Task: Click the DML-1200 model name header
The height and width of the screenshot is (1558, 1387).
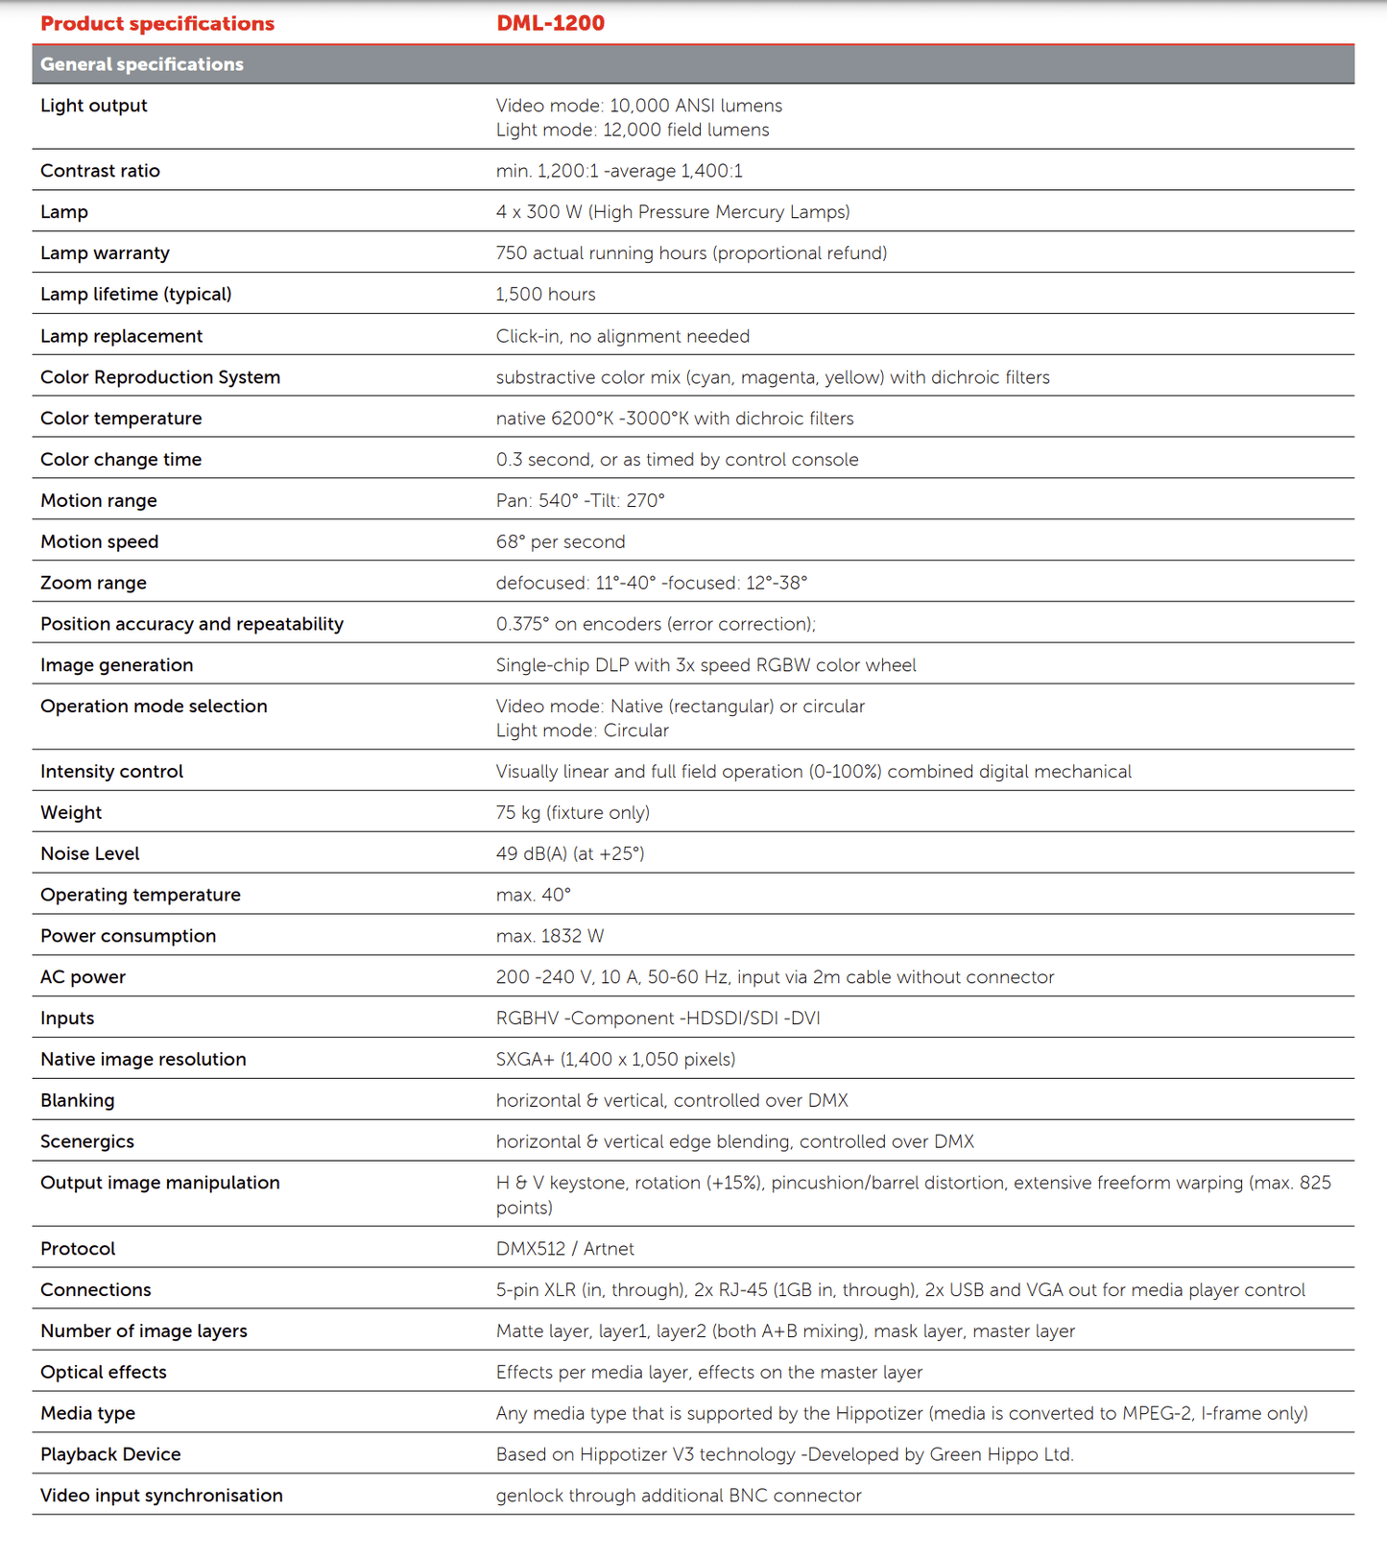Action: [x=550, y=23]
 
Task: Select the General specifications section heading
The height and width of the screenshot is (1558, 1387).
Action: [x=142, y=64]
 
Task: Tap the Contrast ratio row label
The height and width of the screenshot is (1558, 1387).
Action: [x=100, y=171]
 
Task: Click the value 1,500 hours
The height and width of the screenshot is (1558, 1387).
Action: [x=545, y=294]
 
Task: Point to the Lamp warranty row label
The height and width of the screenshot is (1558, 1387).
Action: [x=105, y=252]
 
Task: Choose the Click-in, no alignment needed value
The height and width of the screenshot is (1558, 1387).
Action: [x=622, y=336]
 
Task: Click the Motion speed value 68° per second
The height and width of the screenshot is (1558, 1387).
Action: [x=560, y=541]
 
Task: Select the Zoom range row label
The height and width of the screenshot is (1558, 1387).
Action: [x=93, y=583]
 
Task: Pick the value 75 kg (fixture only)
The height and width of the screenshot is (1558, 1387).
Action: [x=572, y=812]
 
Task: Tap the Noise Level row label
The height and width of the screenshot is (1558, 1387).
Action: [x=89, y=853]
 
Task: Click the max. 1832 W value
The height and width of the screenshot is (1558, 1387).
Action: [x=549, y=936]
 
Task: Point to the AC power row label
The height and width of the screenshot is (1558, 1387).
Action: [x=83, y=977]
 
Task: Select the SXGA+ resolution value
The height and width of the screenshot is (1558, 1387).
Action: [x=615, y=1059]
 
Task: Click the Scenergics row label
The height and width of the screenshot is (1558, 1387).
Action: [x=86, y=1141]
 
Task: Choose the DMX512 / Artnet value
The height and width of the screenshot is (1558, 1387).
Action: [x=564, y=1249]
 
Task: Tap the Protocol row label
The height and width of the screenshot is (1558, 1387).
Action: [x=78, y=1249]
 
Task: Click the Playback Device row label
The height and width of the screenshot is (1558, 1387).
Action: [x=110, y=1454]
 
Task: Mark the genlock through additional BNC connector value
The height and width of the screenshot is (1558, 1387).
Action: [x=678, y=1496]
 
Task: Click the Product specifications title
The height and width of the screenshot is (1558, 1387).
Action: [x=157, y=23]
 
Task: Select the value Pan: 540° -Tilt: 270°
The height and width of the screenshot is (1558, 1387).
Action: [x=580, y=500]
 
